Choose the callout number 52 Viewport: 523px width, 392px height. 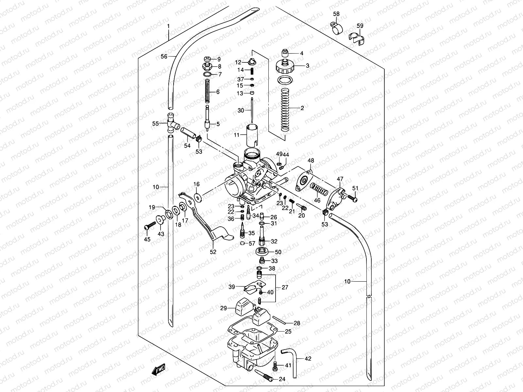point(213,252)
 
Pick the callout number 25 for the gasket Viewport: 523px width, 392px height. point(288,332)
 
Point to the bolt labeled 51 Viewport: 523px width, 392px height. point(352,198)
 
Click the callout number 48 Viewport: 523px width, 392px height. point(311,161)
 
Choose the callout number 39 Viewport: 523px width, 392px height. point(232,287)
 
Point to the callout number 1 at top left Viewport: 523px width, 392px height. point(168,25)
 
